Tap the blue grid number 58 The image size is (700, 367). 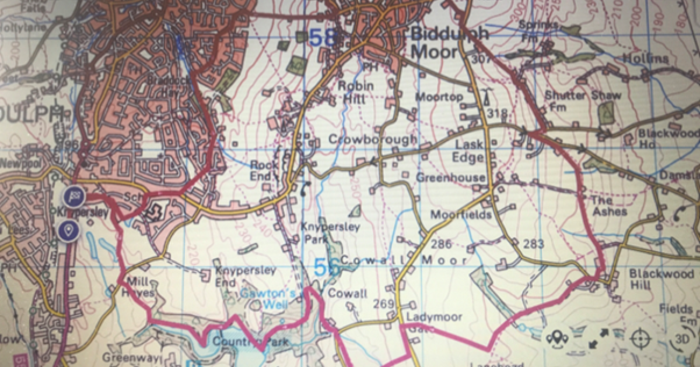[x=323, y=38]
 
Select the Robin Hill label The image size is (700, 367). [x=356, y=92]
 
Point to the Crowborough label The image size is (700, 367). [x=373, y=139]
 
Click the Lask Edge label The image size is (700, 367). [x=470, y=151]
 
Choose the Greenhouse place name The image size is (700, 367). [x=450, y=178]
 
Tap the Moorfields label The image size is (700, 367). [x=461, y=215]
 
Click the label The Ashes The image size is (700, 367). [x=609, y=205]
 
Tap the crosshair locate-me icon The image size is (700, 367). [x=639, y=338]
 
